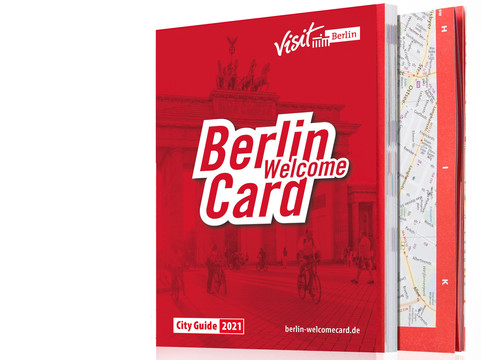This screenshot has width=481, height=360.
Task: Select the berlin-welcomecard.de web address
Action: coord(310,326)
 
